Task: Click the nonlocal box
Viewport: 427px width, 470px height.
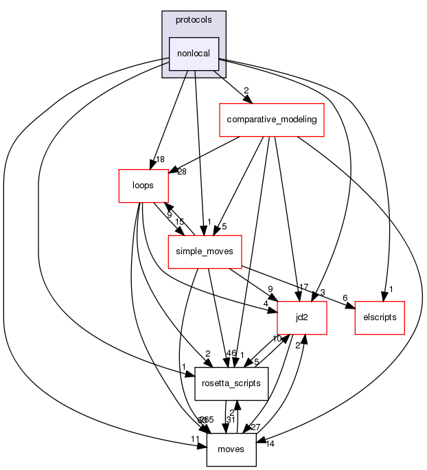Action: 194,54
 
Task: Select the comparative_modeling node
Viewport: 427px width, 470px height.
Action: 271,119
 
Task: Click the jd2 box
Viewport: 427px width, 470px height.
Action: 301,317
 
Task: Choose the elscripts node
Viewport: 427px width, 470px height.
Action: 379,317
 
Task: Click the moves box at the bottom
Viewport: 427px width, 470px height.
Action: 231,449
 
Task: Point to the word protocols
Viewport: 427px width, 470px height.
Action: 194,19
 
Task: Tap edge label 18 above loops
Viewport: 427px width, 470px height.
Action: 161,159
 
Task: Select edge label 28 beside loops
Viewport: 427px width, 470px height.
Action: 182,171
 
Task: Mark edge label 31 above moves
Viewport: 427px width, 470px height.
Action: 231,420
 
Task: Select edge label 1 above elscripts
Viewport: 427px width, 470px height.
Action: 391,289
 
